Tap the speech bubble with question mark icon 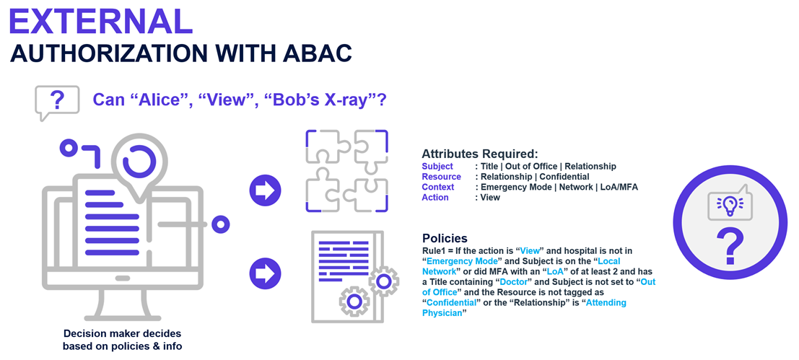(x=57, y=102)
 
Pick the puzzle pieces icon (x=347, y=171)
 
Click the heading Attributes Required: (x=479, y=154)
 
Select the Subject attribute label (x=437, y=167)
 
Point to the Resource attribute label (x=441, y=177)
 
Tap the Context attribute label (x=438, y=187)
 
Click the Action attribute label (x=435, y=197)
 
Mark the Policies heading (x=445, y=238)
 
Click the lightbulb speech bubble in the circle (x=730, y=204)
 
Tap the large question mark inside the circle (x=730, y=245)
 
